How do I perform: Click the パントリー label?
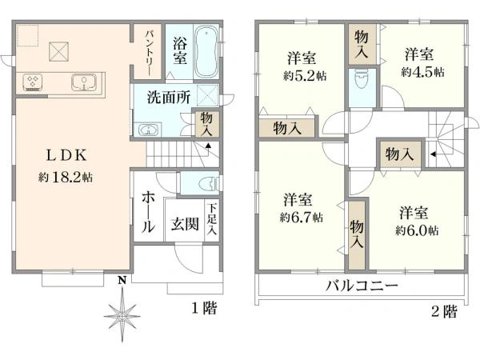pyautogui.click(x=150, y=53)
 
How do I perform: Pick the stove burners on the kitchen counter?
pyautogui.click(x=34, y=82)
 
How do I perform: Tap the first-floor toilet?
pyautogui.click(x=200, y=182)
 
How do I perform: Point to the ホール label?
pyautogui.click(x=149, y=211)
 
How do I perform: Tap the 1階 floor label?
pyautogui.click(x=204, y=309)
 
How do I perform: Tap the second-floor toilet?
pyautogui.click(x=359, y=80)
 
